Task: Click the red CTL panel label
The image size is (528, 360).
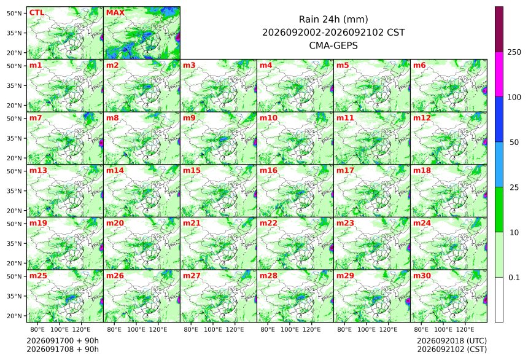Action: point(37,13)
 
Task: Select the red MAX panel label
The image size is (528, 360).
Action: point(115,13)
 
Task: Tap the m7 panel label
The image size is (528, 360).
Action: point(36,118)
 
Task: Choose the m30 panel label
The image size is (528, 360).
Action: point(422,276)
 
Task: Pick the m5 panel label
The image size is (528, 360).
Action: point(343,65)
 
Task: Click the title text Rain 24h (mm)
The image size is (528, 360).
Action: point(333,19)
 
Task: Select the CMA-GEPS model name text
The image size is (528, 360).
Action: point(333,45)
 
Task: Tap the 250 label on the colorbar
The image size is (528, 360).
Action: point(514,52)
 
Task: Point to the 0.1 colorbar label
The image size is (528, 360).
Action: point(514,278)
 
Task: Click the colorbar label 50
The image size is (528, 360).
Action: point(514,143)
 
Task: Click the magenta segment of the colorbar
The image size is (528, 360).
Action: point(499,74)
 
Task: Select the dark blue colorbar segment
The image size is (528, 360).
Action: point(499,120)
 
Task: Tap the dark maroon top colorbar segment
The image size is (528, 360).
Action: point(499,29)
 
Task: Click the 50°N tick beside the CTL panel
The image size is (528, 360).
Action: point(14,13)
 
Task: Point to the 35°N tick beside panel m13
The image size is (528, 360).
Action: point(14,191)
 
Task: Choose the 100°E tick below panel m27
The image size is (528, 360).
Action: point(213,329)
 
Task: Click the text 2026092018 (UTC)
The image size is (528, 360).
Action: point(452,340)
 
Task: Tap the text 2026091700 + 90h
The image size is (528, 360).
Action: point(63,340)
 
